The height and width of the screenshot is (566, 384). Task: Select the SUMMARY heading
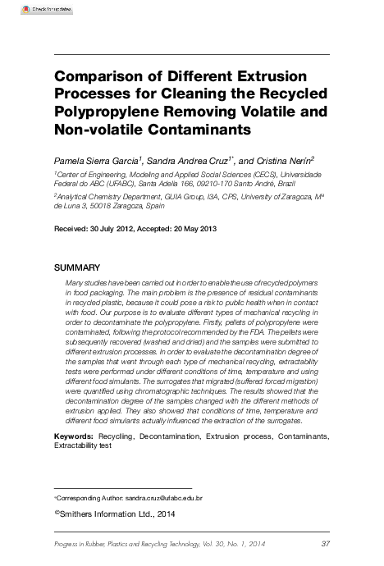tap(77, 268)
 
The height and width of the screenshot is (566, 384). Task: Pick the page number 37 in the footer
tap(325, 545)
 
